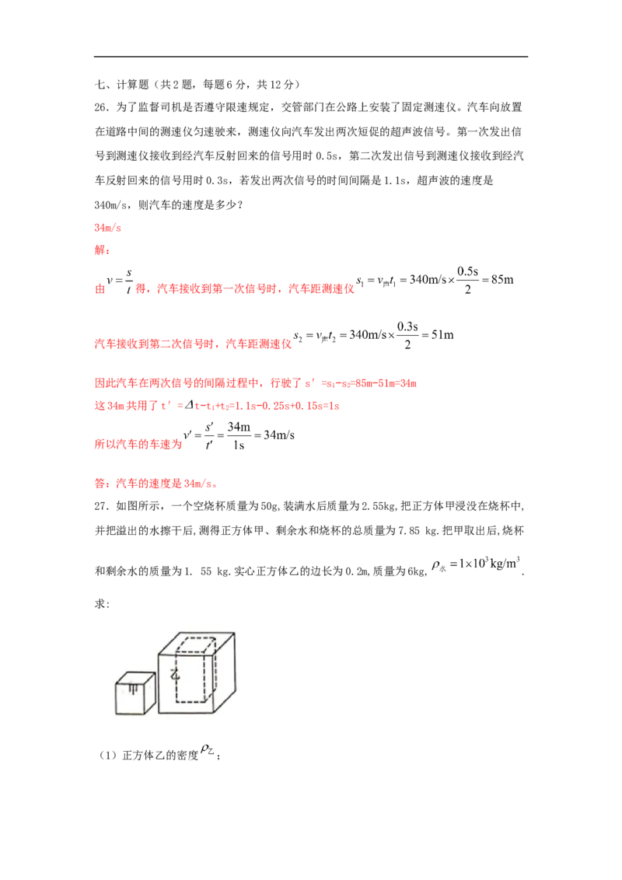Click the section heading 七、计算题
click(x=122, y=85)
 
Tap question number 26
click(x=101, y=107)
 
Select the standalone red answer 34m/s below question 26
click(x=108, y=227)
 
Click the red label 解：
click(x=102, y=250)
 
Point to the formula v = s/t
click(x=120, y=281)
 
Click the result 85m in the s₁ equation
click(x=502, y=280)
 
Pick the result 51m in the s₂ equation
click(x=442, y=335)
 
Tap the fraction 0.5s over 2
click(x=467, y=280)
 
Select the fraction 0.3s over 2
click(x=407, y=335)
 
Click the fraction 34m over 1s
click(x=239, y=435)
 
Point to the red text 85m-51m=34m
click(x=386, y=384)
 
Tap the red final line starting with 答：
click(x=156, y=484)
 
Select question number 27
click(x=101, y=506)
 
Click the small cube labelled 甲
click(x=136, y=693)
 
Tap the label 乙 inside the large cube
click(x=176, y=674)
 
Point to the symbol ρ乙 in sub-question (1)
click(x=207, y=750)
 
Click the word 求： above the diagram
click(x=102, y=604)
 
